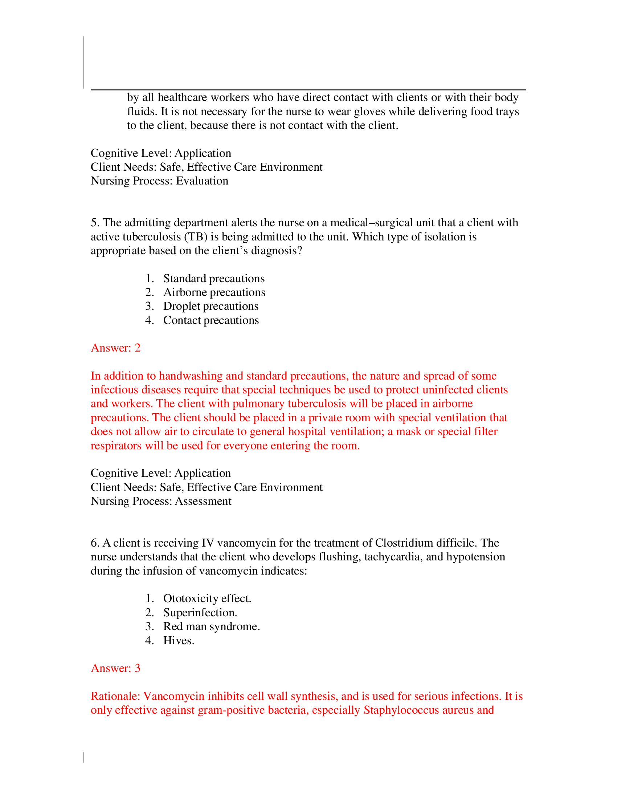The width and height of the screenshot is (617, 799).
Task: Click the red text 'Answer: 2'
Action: (x=115, y=348)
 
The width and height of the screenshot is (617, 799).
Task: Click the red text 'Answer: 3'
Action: (x=115, y=668)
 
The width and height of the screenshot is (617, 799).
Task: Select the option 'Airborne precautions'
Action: (x=214, y=292)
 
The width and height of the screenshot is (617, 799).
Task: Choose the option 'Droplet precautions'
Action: (x=211, y=306)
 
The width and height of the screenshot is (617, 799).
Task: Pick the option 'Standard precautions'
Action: (x=214, y=279)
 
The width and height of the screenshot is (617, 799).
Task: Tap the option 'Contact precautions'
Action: (x=211, y=320)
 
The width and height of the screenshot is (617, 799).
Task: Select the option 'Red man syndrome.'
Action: (x=211, y=626)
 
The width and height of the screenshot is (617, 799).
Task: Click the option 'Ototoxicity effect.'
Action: (x=207, y=599)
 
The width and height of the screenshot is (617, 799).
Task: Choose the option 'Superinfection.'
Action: (x=200, y=612)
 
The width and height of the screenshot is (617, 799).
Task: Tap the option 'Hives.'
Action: (x=179, y=641)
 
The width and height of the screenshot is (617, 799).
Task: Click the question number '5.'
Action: (x=95, y=223)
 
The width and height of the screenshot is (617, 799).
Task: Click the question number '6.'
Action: (x=95, y=543)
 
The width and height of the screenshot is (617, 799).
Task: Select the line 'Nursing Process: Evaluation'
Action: (x=159, y=181)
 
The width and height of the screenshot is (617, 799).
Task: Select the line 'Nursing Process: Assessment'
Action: (x=161, y=501)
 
